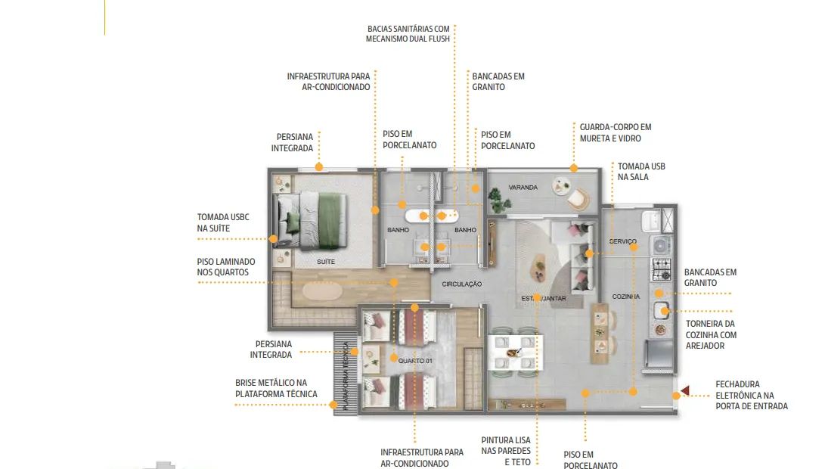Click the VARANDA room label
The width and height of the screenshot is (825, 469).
tap(523, 188)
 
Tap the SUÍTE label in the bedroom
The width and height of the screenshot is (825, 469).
tap(326, 262)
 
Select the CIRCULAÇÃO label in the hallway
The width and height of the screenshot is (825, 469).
tap(461, 284)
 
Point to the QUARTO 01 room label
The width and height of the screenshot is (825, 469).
tap(415, 361)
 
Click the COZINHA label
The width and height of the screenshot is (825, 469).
tap(625, 297)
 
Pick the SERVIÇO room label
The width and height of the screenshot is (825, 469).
tap(622, 241)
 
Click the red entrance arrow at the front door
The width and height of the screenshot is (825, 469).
tap(685, 390)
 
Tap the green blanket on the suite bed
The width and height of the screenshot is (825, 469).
tap(331, 220)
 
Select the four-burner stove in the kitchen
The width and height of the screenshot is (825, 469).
tap(662, 269)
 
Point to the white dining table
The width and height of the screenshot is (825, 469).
tap(515, 353)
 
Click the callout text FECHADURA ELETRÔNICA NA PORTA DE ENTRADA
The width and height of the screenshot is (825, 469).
tap(752, 396)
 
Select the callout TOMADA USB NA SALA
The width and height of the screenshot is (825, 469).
tap(640, 172)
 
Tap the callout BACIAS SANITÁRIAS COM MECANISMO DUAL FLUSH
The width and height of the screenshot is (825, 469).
tap(408, 34)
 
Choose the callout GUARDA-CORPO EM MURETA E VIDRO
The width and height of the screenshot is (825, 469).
tap(615, 132)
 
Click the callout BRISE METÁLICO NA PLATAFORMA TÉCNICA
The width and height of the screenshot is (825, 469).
tap(276, 389)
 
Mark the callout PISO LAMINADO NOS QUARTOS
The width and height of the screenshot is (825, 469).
tap(225, 267)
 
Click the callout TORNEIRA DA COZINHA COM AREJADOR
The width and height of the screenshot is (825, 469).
tap(711, 335)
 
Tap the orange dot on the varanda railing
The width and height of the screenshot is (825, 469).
tap(573, 169)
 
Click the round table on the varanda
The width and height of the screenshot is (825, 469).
tap(561, 186)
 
